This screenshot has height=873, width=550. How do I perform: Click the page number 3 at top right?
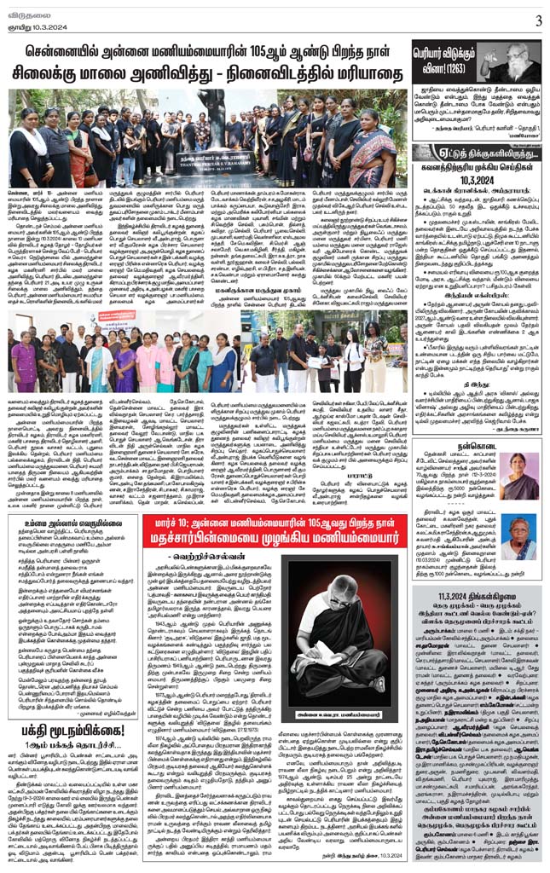pos(538,20)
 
